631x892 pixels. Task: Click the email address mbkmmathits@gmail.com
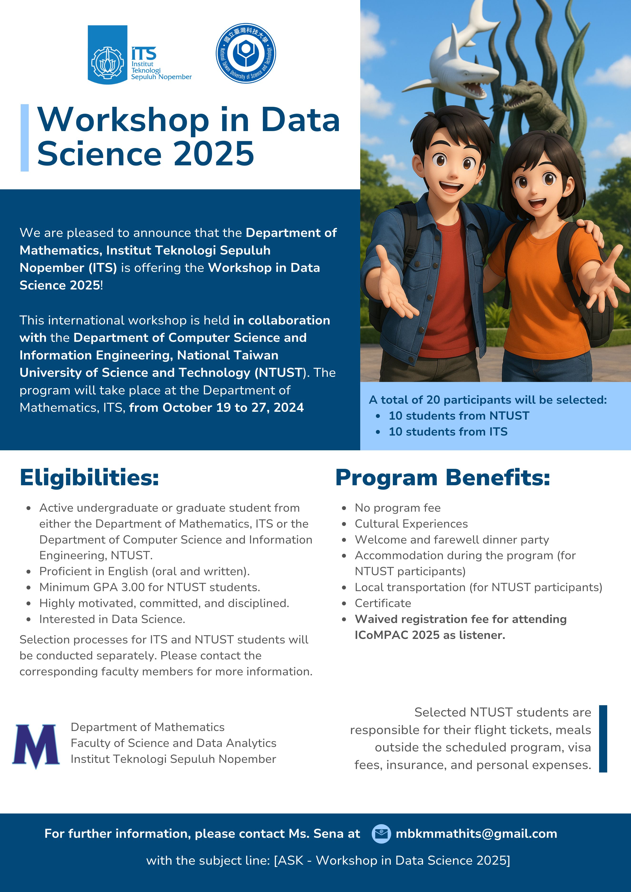[476, 834]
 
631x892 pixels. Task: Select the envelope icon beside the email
[381, 834]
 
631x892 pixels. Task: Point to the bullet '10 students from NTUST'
[458, 416]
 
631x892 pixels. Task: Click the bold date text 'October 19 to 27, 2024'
[233, 407]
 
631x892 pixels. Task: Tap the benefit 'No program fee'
[398, 508]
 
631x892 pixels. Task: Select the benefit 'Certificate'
[383, 603]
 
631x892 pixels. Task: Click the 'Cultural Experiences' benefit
[411, 524]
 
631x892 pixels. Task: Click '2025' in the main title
[214, 154]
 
